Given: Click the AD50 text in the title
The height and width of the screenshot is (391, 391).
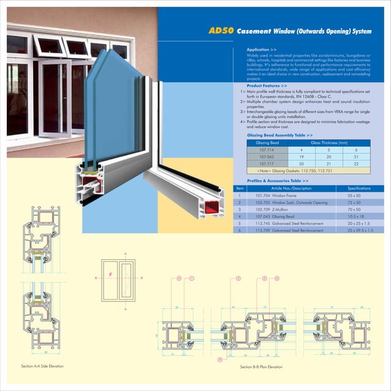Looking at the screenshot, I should coord(221,30).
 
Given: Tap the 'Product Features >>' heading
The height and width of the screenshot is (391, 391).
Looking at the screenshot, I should coord(267,85).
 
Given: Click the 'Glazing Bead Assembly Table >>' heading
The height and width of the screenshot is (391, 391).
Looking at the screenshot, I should coord(279,135).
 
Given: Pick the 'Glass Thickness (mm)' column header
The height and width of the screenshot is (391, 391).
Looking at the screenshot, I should coord(329,142).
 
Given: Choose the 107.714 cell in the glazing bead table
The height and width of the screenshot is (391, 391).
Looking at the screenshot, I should coord(267,150).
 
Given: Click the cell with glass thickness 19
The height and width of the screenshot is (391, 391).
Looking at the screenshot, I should coord(302,157).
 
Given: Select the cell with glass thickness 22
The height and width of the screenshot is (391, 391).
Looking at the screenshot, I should coord(356,164).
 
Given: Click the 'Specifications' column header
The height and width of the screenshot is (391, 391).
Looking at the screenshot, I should coord(359,188).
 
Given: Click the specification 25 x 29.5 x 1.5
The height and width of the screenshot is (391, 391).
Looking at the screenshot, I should coord(359,230).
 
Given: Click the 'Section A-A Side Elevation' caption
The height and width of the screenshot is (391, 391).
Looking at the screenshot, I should coord(42,366).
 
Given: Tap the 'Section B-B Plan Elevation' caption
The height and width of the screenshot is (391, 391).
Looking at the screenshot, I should coord(261,366).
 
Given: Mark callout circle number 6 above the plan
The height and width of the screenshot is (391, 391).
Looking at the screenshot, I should coord(277,278).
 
